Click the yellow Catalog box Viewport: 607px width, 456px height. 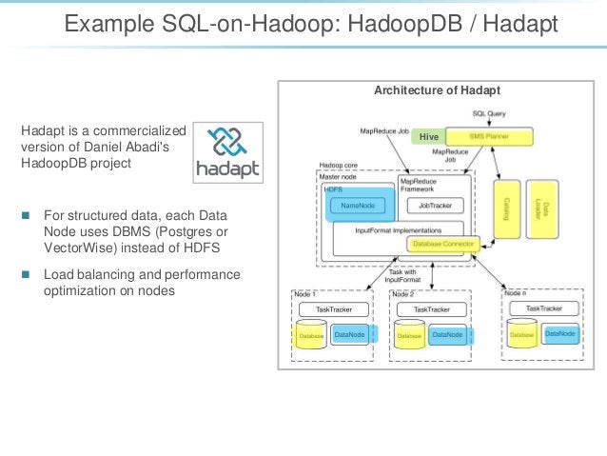pyautogui.click(x=503, y=205)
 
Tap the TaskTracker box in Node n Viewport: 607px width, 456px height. pyautogui.click(x=548, y=308)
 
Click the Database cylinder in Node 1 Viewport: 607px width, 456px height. pyautogui.click(x=309, y=335)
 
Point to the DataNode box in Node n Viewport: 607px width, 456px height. pyautogui.click(x=560, y=333)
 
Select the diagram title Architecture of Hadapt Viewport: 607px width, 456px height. pyautogui.click(x=431, y=90)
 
